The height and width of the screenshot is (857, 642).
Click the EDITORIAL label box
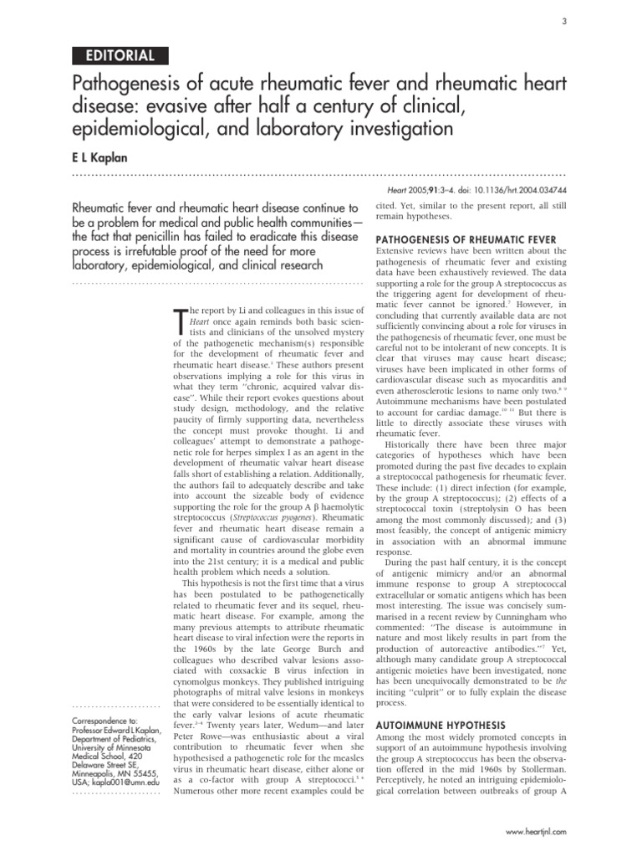(x=120, y=56)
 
